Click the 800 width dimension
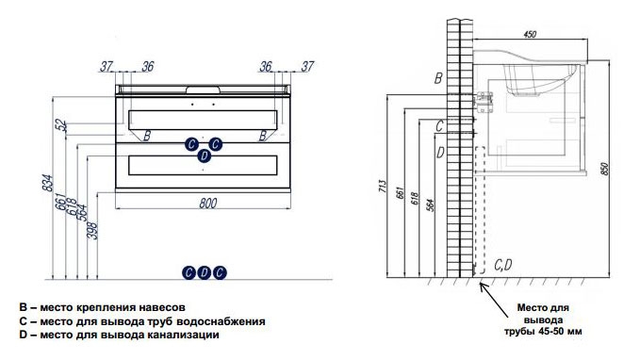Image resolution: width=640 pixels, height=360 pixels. (207, 203)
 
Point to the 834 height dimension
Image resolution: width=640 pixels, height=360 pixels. (48, 183)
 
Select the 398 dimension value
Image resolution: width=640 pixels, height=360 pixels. (92, 231)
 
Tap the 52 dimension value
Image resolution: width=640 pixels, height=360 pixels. (61, 125)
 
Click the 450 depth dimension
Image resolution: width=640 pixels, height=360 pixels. (530, 34)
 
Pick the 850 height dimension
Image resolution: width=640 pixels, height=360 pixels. (604, 169)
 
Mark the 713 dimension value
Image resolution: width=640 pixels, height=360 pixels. (382, 186)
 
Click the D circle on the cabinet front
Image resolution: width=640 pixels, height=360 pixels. (205, 155)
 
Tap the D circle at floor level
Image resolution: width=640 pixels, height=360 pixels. (204, 272)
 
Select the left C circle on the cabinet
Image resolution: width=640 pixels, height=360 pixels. (191, 143)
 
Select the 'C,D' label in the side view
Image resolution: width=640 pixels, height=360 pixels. (503, 266)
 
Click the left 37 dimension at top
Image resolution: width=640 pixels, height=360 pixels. (107, 66)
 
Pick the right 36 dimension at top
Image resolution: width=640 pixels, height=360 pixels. (266, 66)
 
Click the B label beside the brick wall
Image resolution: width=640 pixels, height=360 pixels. (438, 78)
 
